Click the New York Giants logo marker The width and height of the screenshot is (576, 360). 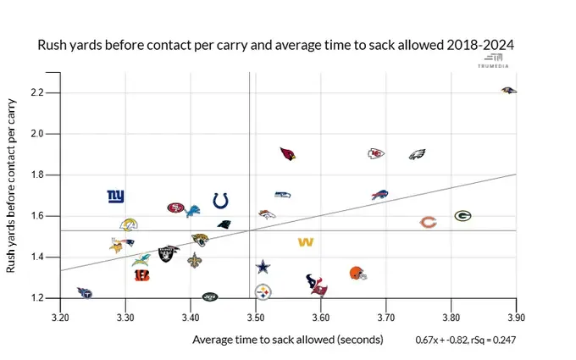click(x=115, y=197)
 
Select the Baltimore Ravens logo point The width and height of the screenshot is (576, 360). click(x=507, y=90)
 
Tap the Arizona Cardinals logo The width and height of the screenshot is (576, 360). click(x=288, y=154)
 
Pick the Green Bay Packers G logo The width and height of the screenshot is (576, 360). click(x=462, y=216)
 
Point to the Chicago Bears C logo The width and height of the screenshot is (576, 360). click(x=429, y=223)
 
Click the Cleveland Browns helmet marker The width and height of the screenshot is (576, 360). click(x=358, y=273)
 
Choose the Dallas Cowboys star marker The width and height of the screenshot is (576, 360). click(x=263, y=267)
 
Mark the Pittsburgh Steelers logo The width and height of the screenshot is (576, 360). click(x=263, y=291)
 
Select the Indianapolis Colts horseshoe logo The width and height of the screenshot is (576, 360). click(x=220, y=201)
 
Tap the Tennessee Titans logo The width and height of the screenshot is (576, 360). click(x=84, y=292)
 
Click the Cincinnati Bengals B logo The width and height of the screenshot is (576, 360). click(x=141, y=274)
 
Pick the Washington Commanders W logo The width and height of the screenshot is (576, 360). click(x=306, y=242)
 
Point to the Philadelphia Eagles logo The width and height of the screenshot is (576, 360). click(x=417, y=154)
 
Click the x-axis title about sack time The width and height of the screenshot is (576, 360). click(x=288, y=339)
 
